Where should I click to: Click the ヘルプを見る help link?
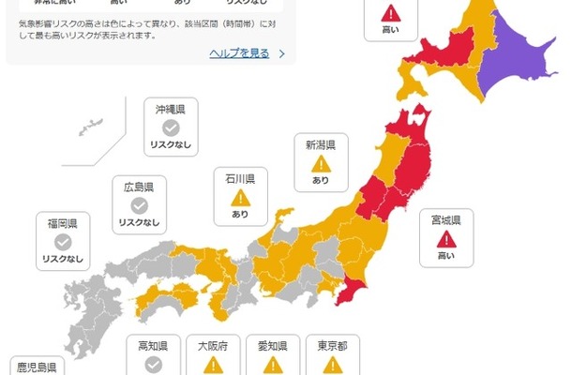[239, 53]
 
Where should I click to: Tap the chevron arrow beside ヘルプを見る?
[281, 54]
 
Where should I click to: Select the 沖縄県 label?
[170, 110]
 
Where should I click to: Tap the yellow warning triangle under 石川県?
[240, 197]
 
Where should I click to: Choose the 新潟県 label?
[321, 144]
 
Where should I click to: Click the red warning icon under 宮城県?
[445, 238]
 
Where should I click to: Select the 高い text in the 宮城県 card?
[445, 256]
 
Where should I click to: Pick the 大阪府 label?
[212, 345]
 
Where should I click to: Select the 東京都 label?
[332, 345]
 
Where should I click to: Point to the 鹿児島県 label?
[38, 366]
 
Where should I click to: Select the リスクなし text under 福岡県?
[63, 259]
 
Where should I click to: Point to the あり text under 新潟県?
[321, 180]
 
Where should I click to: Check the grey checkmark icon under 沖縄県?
[170, 127]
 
